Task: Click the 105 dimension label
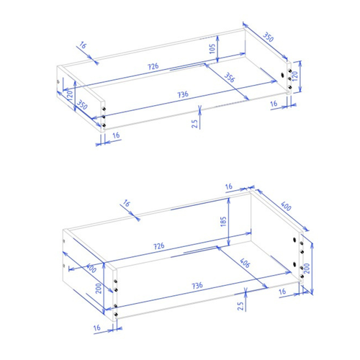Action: click(x=212, y=49)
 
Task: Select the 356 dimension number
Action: click(x=230, y=78)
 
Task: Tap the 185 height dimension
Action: click(x=223, y=222)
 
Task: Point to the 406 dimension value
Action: click(x=245, y=263)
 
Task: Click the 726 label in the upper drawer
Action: click(x=153, y=66)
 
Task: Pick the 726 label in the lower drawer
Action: click(x=159, y=246)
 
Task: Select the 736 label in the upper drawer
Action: click(x=183, y=94)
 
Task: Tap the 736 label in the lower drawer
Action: click(x=197, y=286)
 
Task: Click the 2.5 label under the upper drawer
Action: click(x=194, y=124)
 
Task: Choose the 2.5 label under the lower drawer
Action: click(x=240, y=306)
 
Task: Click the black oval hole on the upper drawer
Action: click(x=283, y=75)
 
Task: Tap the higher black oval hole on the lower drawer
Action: click(x=294, y=240)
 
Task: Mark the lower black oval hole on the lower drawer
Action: click(x=294, y=264)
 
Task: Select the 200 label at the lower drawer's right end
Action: click(x=307, y=269)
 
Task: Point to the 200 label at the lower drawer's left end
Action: click(x=99, y=288)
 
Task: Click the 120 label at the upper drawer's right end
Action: click(x=295, y=76)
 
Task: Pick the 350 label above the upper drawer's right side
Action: click(x=268, y=37)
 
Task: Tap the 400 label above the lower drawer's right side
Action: click(x=286, y=206)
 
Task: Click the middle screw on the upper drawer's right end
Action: click(x=289, y=78)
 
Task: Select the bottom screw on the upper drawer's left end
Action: click(x=104, y=125)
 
